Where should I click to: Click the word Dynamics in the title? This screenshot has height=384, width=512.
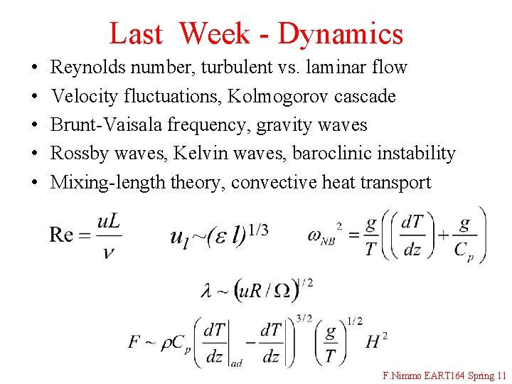(341, 33)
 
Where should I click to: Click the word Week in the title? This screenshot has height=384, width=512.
(214, 33)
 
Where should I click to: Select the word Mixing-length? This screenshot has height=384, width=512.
(108, 183)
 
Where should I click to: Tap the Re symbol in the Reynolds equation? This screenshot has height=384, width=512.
(62, 235)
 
